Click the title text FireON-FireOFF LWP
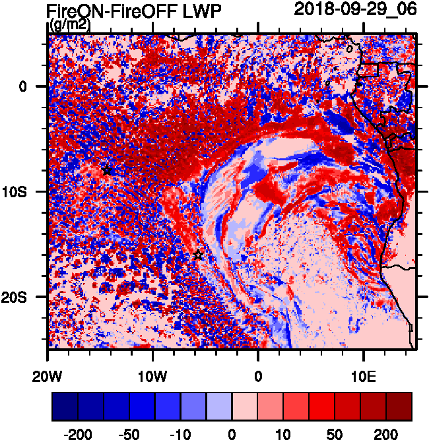(x=134, y=11)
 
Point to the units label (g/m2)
(x=70, y=25)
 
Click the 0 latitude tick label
(x=22, y=86)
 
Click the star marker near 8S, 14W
(x=108, y=170)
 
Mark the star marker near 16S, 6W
(x=198, y=255)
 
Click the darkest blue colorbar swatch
(x=65, y=407)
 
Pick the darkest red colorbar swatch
(x=399, y=407)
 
